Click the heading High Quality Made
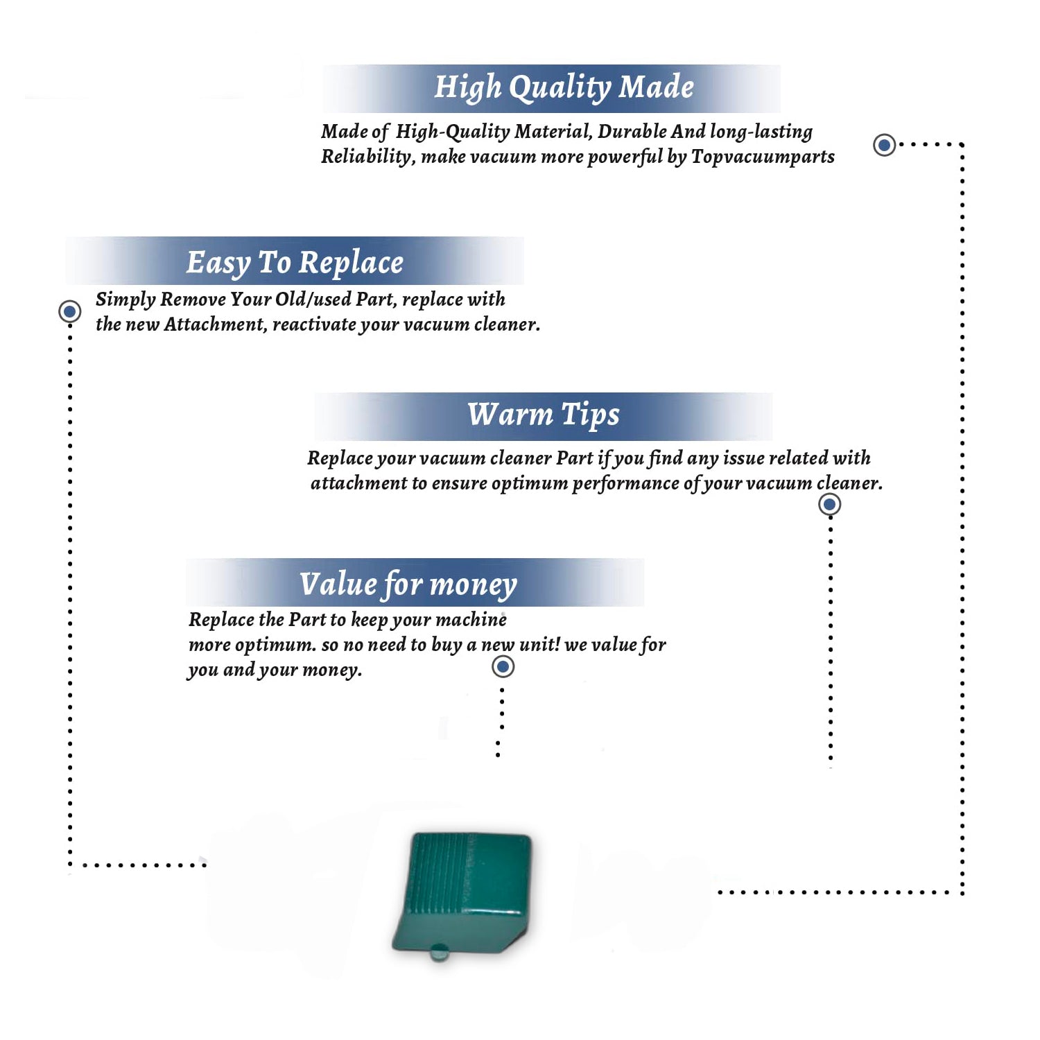(x=564, y=88)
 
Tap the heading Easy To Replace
(x=295, y=263)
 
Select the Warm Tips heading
(x=543, y=415)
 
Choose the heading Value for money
(x=408, y=584)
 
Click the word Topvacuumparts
(x=763, y=157)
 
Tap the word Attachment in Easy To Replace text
(x=215, y=324)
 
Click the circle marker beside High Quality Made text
(x=884, y=145)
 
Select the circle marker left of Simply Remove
(x=69, y=311)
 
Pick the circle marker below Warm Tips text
(x=829, y=504)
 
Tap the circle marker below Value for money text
(x=503, y=667)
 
